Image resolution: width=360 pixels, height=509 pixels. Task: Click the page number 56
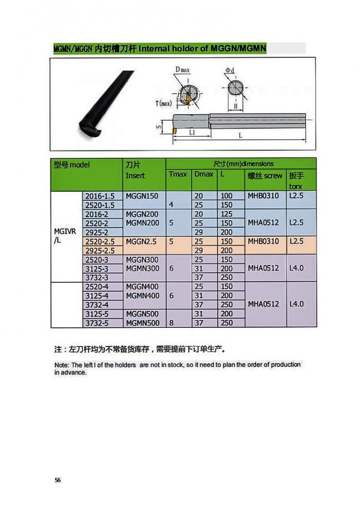tap(58, 480)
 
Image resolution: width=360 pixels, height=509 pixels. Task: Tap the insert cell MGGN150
tap(142, 196)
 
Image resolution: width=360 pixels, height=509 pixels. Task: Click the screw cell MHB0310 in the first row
tap(263, 196)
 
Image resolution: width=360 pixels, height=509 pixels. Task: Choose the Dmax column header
tap(204, 174)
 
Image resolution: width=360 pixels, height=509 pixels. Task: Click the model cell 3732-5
tap(97, 323)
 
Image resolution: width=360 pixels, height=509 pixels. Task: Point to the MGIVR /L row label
tap(62, 236)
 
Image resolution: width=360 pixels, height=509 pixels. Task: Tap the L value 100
tap(227, 196)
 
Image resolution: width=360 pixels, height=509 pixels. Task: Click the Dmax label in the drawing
tap(183, 70)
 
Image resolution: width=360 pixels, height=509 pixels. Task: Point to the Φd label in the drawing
tap(230, 70)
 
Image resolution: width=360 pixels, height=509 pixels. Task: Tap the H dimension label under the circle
tap(235, 106)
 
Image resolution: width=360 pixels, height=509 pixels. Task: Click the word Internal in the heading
tap(154, 49)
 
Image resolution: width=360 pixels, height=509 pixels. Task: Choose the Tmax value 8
tap(171, 323)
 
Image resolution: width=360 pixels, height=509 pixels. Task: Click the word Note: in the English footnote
tap(62, 365)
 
